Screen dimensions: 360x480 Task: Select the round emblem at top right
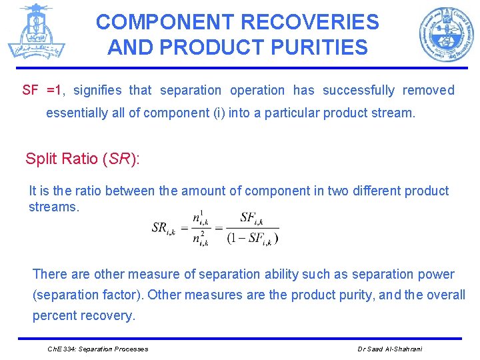pos(446,34)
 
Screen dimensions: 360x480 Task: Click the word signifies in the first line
pos(98,90)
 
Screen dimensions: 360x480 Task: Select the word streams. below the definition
pos(53,207)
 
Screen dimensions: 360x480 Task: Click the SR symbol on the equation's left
pos(163,228)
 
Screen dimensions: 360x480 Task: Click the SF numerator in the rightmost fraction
pos(251,217)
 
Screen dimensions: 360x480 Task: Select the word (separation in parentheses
pos(67,295)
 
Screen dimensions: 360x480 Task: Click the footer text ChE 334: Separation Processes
pos(98,349)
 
